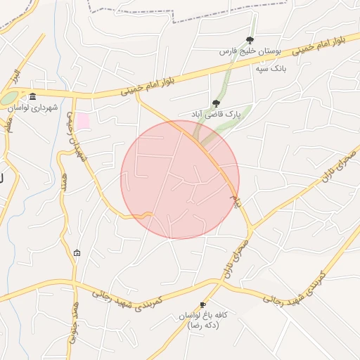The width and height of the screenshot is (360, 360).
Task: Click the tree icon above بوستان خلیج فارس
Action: coord(250,40)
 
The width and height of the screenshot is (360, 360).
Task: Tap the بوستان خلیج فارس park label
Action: coord(250,52)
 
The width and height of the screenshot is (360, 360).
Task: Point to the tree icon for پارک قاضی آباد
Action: coord(215,103)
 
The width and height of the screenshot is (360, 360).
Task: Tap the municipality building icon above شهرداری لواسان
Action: coord(32,96)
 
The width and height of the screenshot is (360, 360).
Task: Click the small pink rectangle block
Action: coord(83,120)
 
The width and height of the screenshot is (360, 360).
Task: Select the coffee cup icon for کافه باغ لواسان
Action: coord(203,304)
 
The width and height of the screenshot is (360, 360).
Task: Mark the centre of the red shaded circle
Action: coord(180,179)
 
